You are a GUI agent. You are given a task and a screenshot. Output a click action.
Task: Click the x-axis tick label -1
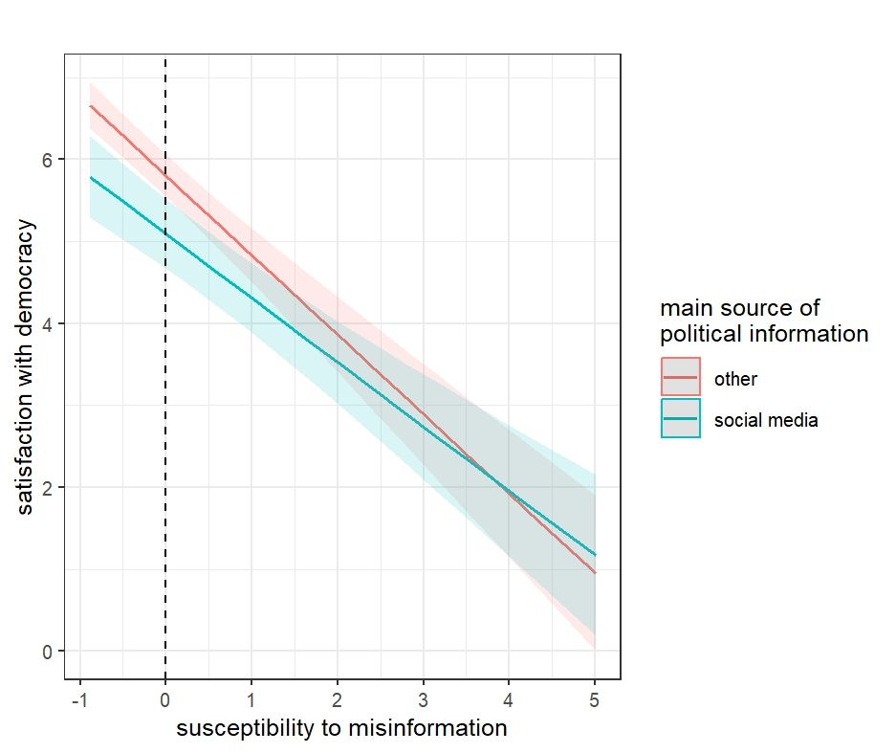click(x=77, y=700)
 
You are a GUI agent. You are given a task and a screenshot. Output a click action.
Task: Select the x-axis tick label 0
click(x=165, y=700)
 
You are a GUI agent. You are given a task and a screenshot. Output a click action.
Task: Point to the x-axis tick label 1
click(x=251, y=700)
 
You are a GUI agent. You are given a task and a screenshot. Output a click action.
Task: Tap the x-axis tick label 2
click(x=338, y=700)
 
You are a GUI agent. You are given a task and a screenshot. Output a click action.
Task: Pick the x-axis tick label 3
click(x=424, y=700)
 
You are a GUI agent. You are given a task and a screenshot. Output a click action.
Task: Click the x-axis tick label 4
click(x=509, y=700)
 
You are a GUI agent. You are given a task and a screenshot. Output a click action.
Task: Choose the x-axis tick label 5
click(x=595, y=700)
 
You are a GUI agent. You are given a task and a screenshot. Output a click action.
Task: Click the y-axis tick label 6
click(x=45, y=159)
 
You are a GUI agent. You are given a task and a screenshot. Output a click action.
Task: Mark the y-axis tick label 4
click(x=45, y=323)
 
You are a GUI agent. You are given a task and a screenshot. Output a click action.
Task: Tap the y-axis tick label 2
click(x=45, y=487)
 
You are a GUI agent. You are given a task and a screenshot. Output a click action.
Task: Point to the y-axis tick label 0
click(x=45, y=652)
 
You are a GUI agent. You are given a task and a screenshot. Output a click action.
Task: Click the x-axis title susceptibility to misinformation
click(x=341, y=728)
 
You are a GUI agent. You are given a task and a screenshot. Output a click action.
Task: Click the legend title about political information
click(x=764, y=321)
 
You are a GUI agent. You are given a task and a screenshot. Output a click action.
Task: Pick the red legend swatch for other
click(x=681, y=377)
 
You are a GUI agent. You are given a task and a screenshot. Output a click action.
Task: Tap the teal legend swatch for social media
click(x=681, y=418)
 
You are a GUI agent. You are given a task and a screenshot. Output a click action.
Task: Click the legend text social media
click(x=766, y=419)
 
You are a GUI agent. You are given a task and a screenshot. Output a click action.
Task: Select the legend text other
click(x=735, y=379)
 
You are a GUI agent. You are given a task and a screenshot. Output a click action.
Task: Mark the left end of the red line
click(x=90, y=106)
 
